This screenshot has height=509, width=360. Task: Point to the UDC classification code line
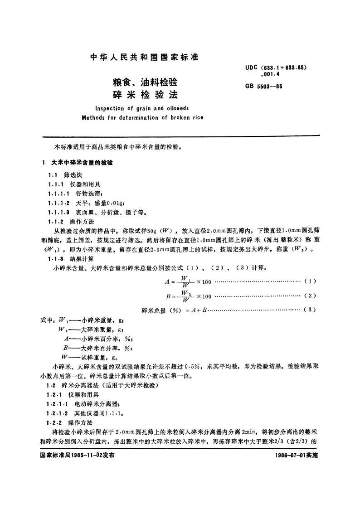click(x=277, y=67)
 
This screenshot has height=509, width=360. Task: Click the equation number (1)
click(x=310, y=281)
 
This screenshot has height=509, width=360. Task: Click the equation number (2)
click(x=310, y=296)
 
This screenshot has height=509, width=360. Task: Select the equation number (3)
click(x=310, y=310)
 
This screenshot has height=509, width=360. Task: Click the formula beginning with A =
click(x=188, y=282)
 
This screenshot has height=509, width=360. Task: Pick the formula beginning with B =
click(x=188, y=296)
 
